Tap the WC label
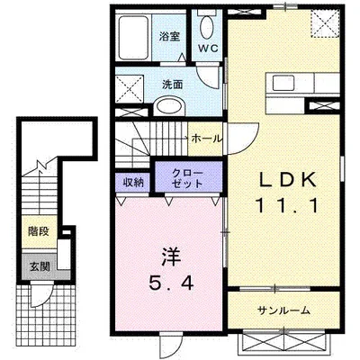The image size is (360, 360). tap(208, 48)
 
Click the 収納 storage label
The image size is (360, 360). tap(133, 181)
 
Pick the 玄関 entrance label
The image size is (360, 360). tap(38, 266)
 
